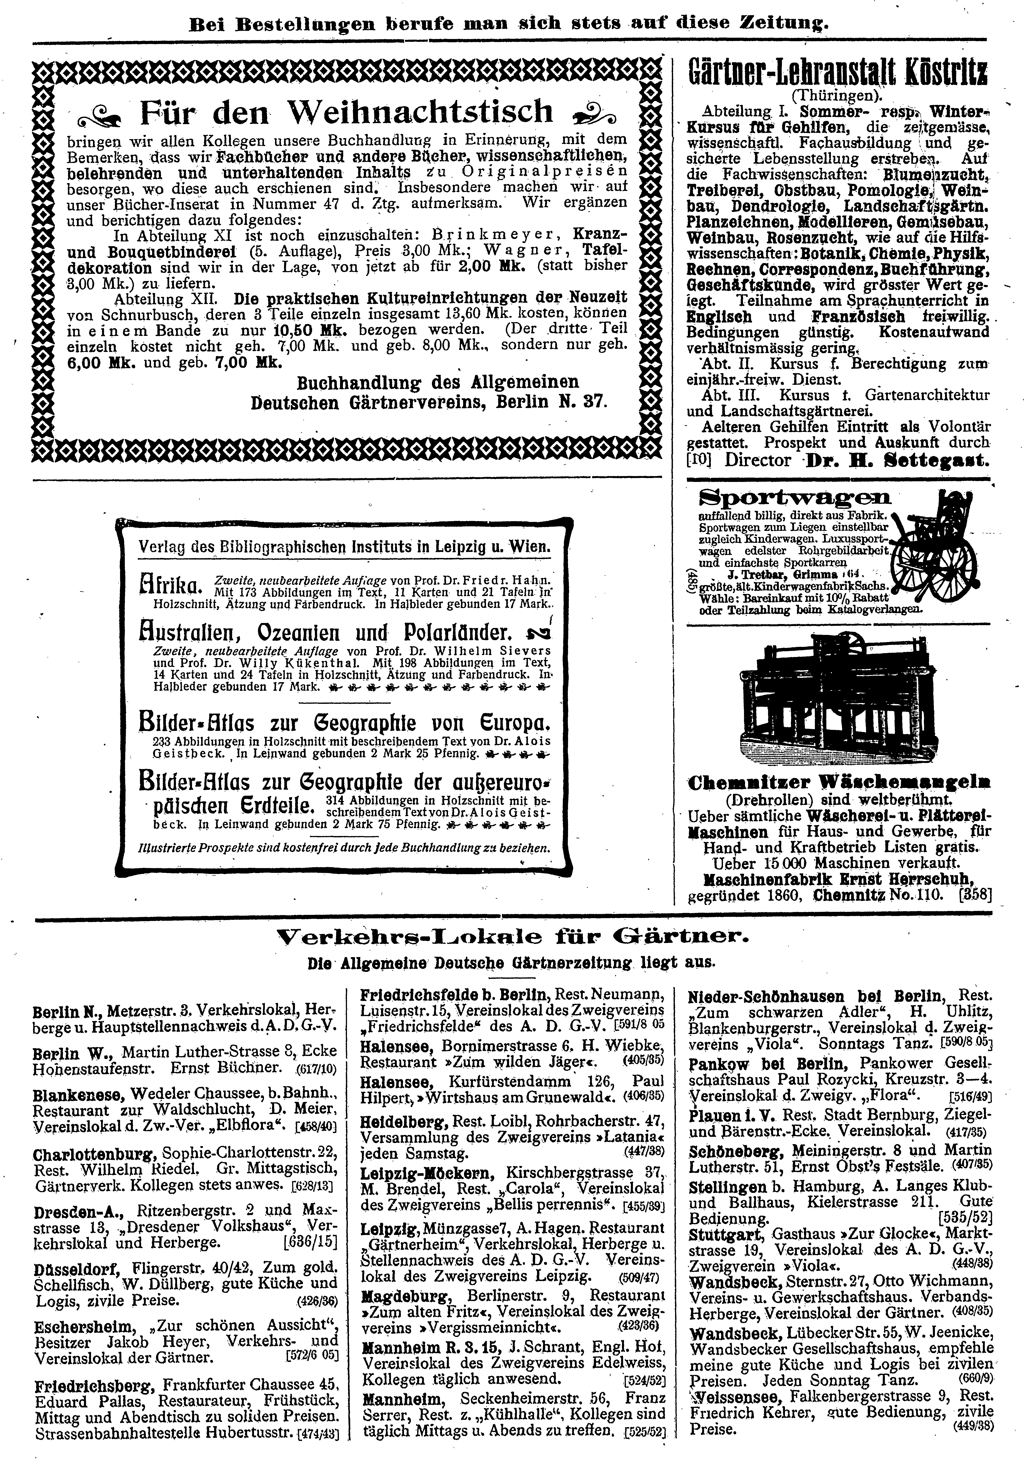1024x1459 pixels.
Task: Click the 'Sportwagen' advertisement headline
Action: click(x=794, y=498)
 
